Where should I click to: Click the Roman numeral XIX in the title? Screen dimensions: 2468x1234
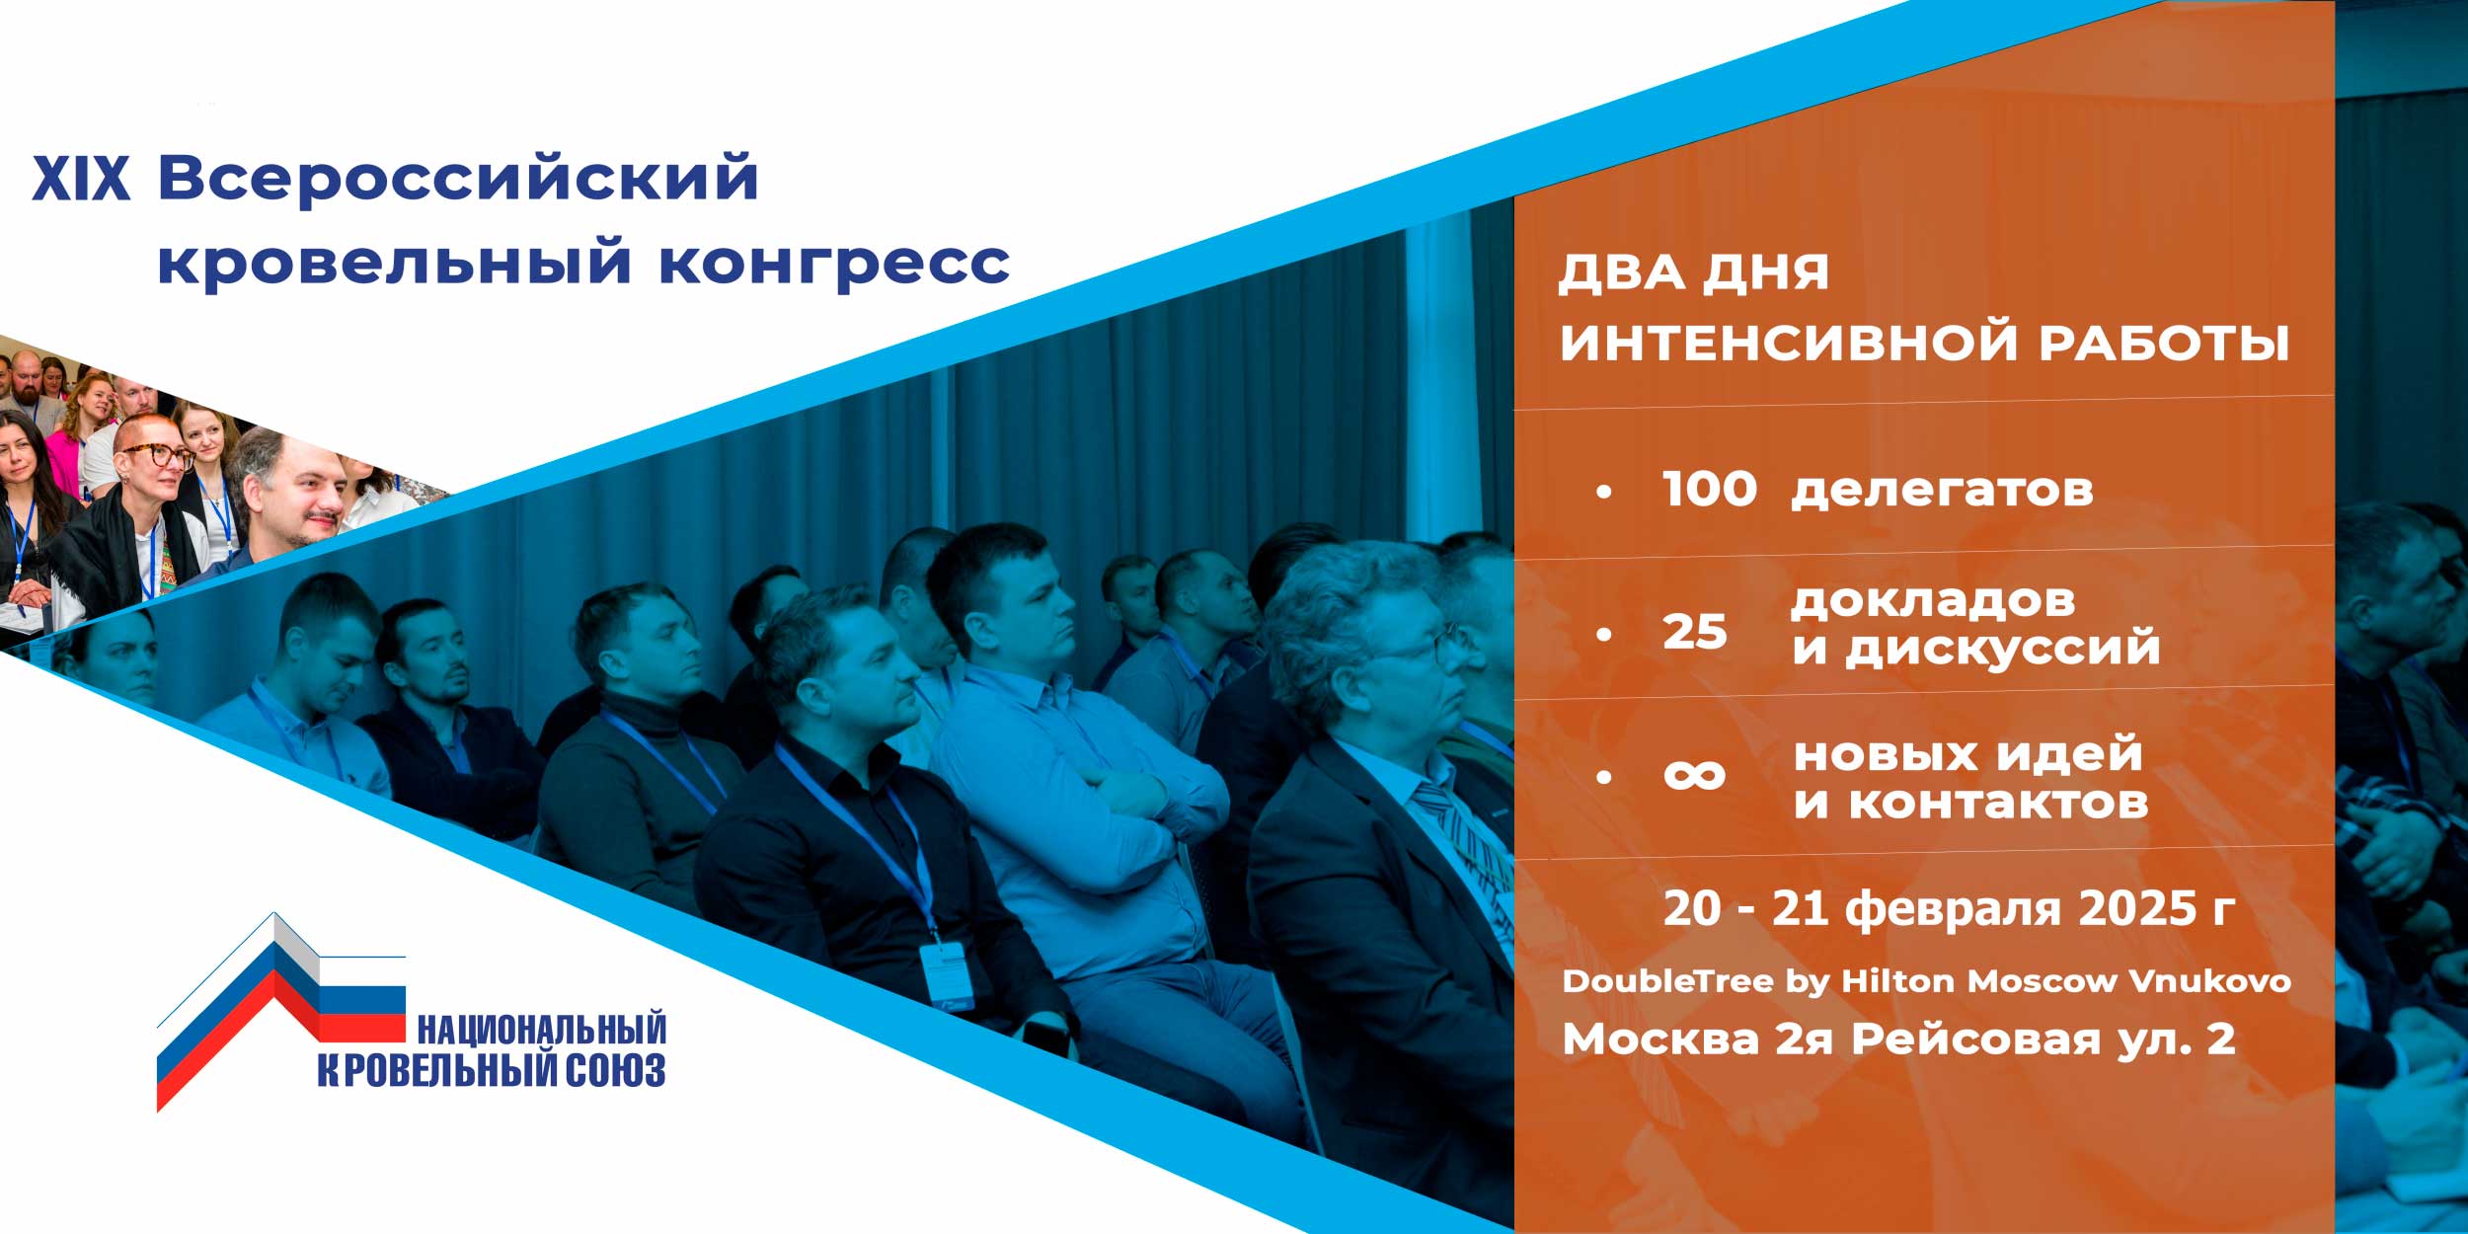81,179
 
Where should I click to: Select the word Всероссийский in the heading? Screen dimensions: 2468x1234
458,179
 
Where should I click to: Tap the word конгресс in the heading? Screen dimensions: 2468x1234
834,264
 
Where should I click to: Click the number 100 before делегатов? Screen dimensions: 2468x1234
1709,489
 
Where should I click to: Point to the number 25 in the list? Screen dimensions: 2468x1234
1694,632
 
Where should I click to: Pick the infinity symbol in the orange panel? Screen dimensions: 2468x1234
1694,775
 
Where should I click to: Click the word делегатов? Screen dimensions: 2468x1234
1941,491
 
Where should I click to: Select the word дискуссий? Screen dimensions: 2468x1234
2003,649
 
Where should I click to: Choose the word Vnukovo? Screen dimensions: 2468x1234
2209,981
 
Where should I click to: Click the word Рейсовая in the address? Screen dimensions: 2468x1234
1975,1039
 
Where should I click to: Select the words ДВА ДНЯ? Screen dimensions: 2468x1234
1694,272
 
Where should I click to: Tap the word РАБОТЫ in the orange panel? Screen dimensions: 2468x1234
2164,343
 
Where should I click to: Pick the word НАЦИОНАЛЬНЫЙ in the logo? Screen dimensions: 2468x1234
542,1029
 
